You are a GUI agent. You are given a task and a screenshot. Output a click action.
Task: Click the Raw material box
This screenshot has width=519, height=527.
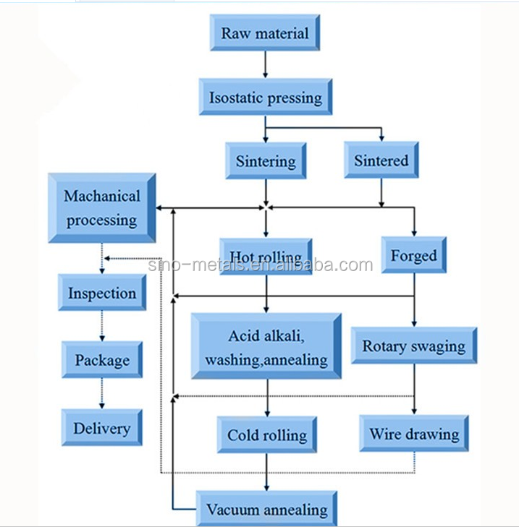coord(264,33)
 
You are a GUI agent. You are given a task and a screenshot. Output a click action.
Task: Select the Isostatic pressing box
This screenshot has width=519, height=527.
coord(266,97)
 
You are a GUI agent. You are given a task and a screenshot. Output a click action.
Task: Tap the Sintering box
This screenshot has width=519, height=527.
coord(266,160)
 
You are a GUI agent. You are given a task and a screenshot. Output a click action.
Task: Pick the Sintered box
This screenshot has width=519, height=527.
coord(381,160)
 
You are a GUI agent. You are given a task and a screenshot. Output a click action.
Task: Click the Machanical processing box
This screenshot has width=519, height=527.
coord(102,208)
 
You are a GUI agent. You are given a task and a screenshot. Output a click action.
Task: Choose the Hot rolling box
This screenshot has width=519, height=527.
coord(266,257)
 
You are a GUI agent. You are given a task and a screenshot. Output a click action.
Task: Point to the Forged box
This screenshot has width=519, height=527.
coord(414,256)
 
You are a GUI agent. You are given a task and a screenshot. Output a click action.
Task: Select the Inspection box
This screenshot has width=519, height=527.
coord(102,294)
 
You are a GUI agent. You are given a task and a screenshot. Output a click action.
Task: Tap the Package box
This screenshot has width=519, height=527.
coord(102,360)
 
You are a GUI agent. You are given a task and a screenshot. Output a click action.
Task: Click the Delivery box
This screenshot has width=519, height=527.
coord(102,428)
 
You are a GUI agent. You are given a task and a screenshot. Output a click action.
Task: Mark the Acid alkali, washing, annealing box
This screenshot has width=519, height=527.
coord(266,347)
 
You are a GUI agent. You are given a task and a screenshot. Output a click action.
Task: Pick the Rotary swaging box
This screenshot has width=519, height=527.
coord(414,346)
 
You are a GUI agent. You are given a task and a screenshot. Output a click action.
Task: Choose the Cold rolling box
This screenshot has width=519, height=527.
coord(267,435)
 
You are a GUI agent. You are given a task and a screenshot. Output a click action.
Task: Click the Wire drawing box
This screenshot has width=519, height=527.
coord(414,434)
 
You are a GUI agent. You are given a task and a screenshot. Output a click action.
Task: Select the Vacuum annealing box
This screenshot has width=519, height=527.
coord(266,510)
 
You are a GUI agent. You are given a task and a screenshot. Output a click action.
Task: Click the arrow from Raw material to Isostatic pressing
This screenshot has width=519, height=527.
coord(266,65)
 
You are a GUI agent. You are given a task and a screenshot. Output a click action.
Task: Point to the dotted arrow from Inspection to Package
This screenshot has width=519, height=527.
coord(102,326)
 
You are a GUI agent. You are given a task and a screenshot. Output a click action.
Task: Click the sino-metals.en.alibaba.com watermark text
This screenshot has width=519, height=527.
coord(261,266)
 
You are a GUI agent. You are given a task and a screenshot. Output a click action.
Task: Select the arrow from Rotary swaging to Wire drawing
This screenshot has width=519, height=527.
coord(414,389)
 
